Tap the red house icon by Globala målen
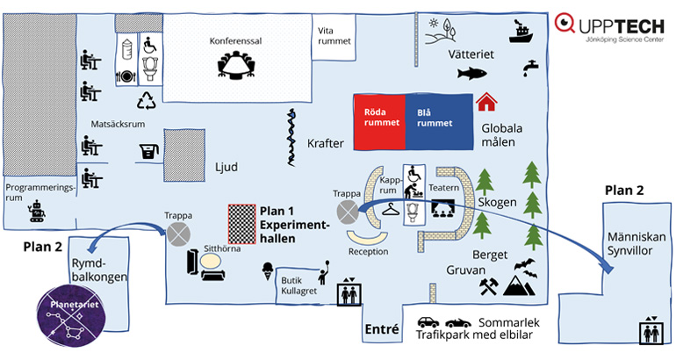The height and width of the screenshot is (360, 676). click(x=485, y=103)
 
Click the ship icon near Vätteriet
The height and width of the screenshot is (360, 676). click(x=520, y=32)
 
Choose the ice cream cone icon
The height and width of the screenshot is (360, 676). click(x=268, y=273)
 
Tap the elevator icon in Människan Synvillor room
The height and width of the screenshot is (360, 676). click(x=649, y=331)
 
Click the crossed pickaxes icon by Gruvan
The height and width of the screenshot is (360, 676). click(x=488, y=286)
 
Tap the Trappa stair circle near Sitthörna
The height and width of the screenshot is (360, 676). click(x=180, y=233)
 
